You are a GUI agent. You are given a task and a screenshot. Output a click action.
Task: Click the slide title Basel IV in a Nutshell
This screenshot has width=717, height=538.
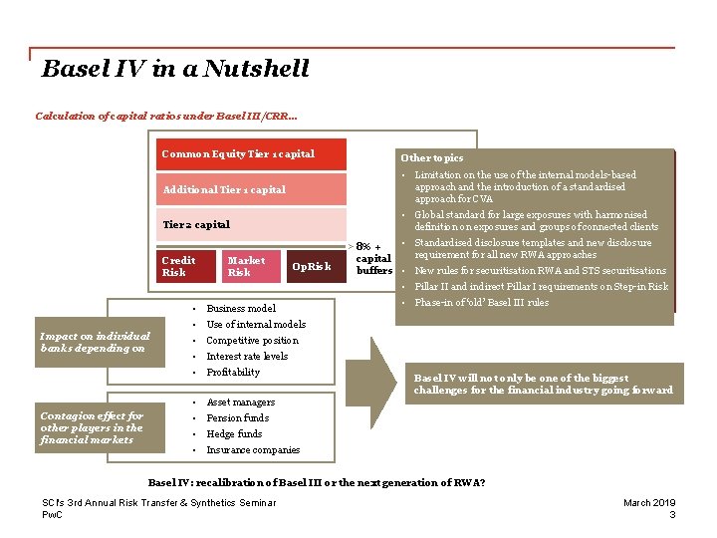click(x=175, y=69)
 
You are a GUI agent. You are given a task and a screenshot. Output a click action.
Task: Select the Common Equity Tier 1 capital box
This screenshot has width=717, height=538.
click(x=253, y=154)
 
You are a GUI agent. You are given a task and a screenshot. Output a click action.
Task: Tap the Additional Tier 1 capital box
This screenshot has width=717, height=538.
click(x=253, y=189)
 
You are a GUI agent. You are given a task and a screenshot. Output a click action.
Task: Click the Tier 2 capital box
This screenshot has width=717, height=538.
click(x=253, y=224)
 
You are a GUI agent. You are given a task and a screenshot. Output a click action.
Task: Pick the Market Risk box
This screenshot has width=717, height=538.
click(x=246, y=266)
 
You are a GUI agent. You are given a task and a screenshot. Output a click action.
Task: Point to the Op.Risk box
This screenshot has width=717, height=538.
click(x=312, y=266)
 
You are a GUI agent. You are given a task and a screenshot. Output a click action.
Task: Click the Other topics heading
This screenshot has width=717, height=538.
click(x=431, y=157)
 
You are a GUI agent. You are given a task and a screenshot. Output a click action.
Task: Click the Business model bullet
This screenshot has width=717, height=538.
click(x=241, y=308)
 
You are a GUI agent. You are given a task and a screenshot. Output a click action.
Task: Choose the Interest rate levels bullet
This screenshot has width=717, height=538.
click(x=247, y=356)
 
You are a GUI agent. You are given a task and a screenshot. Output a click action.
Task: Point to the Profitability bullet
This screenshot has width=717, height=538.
click(x=233, y=372)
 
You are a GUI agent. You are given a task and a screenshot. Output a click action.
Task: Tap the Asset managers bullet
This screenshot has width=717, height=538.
click(x=240, y=403)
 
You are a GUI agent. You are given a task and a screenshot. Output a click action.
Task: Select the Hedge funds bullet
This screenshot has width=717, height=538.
click(x=234, y=434)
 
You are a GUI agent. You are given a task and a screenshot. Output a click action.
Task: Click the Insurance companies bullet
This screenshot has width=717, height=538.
click(x=253, y=450)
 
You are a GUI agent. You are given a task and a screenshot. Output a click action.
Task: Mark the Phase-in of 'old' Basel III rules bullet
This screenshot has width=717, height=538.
click(x=481, y=303)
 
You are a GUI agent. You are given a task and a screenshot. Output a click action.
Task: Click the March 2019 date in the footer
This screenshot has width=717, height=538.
click(x=649, y=503)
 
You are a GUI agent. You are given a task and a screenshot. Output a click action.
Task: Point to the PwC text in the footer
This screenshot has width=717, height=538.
click(x=52, y=515)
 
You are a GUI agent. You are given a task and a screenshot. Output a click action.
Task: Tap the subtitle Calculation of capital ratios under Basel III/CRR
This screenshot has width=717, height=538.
click(x=166, y=117)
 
